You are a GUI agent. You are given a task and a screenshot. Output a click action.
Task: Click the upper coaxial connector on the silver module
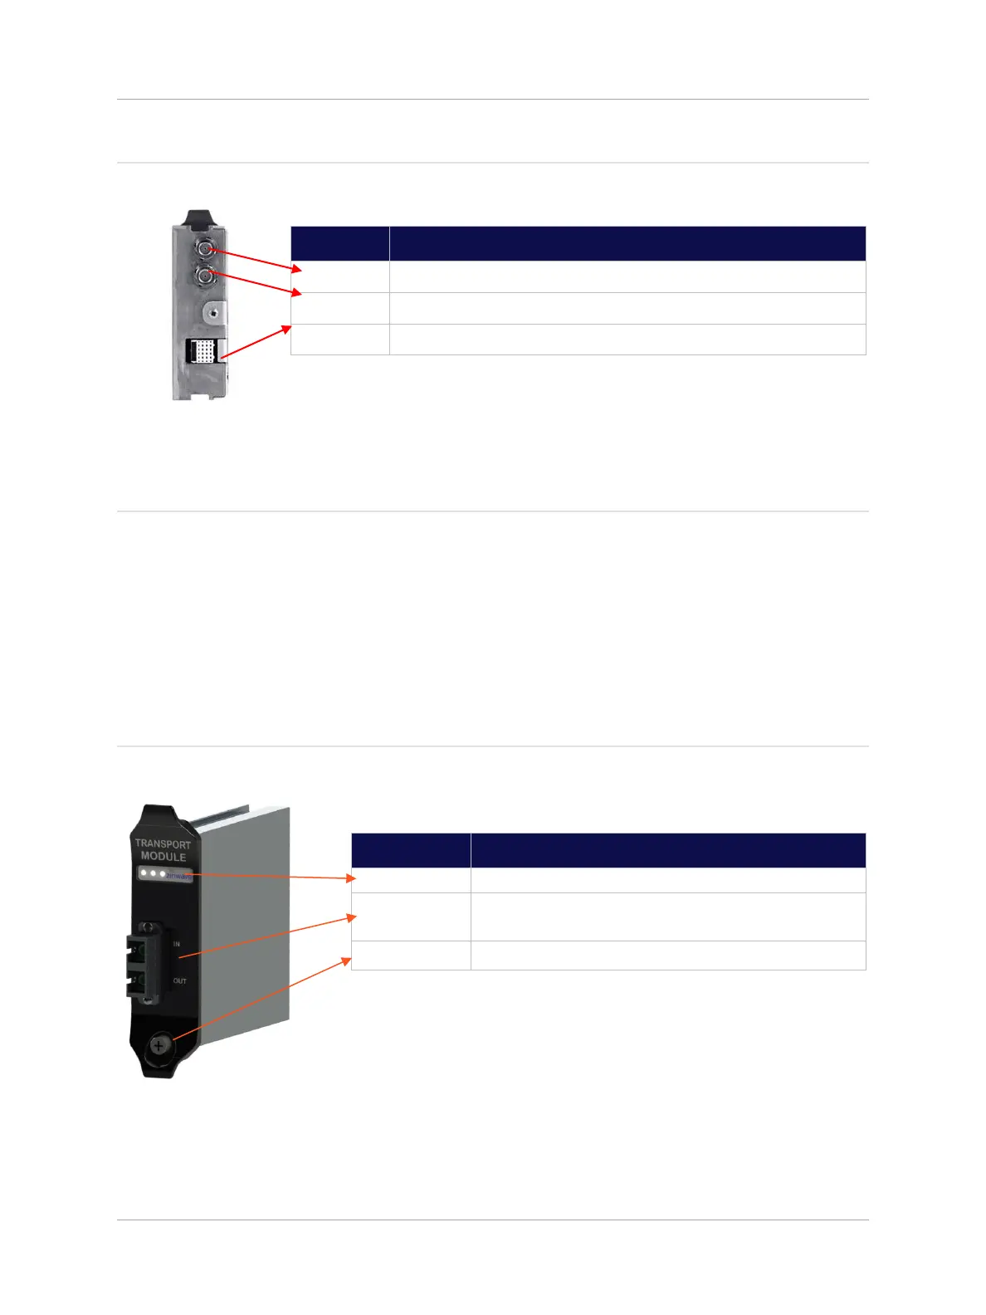click(x=204, y=247)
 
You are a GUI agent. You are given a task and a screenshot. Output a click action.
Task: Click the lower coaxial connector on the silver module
click(x=204, y=275)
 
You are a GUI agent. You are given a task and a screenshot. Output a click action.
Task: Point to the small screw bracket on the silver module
click(x=215, y=313)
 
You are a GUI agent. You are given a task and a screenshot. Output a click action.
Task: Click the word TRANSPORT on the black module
click(x=163, y=843)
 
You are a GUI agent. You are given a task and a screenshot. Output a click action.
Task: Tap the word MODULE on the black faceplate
click(x=163, y=857)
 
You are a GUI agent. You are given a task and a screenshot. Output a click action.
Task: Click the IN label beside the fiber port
click(x=176, y=944)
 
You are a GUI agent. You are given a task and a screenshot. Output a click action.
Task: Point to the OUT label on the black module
click(x=179, y=981)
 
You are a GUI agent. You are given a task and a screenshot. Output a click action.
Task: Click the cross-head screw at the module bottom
click(x=158, y=1046)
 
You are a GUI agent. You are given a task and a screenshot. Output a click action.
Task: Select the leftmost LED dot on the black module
click(x=144, y=873)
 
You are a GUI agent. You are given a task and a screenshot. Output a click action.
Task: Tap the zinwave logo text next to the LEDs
click(x=178, y=876)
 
